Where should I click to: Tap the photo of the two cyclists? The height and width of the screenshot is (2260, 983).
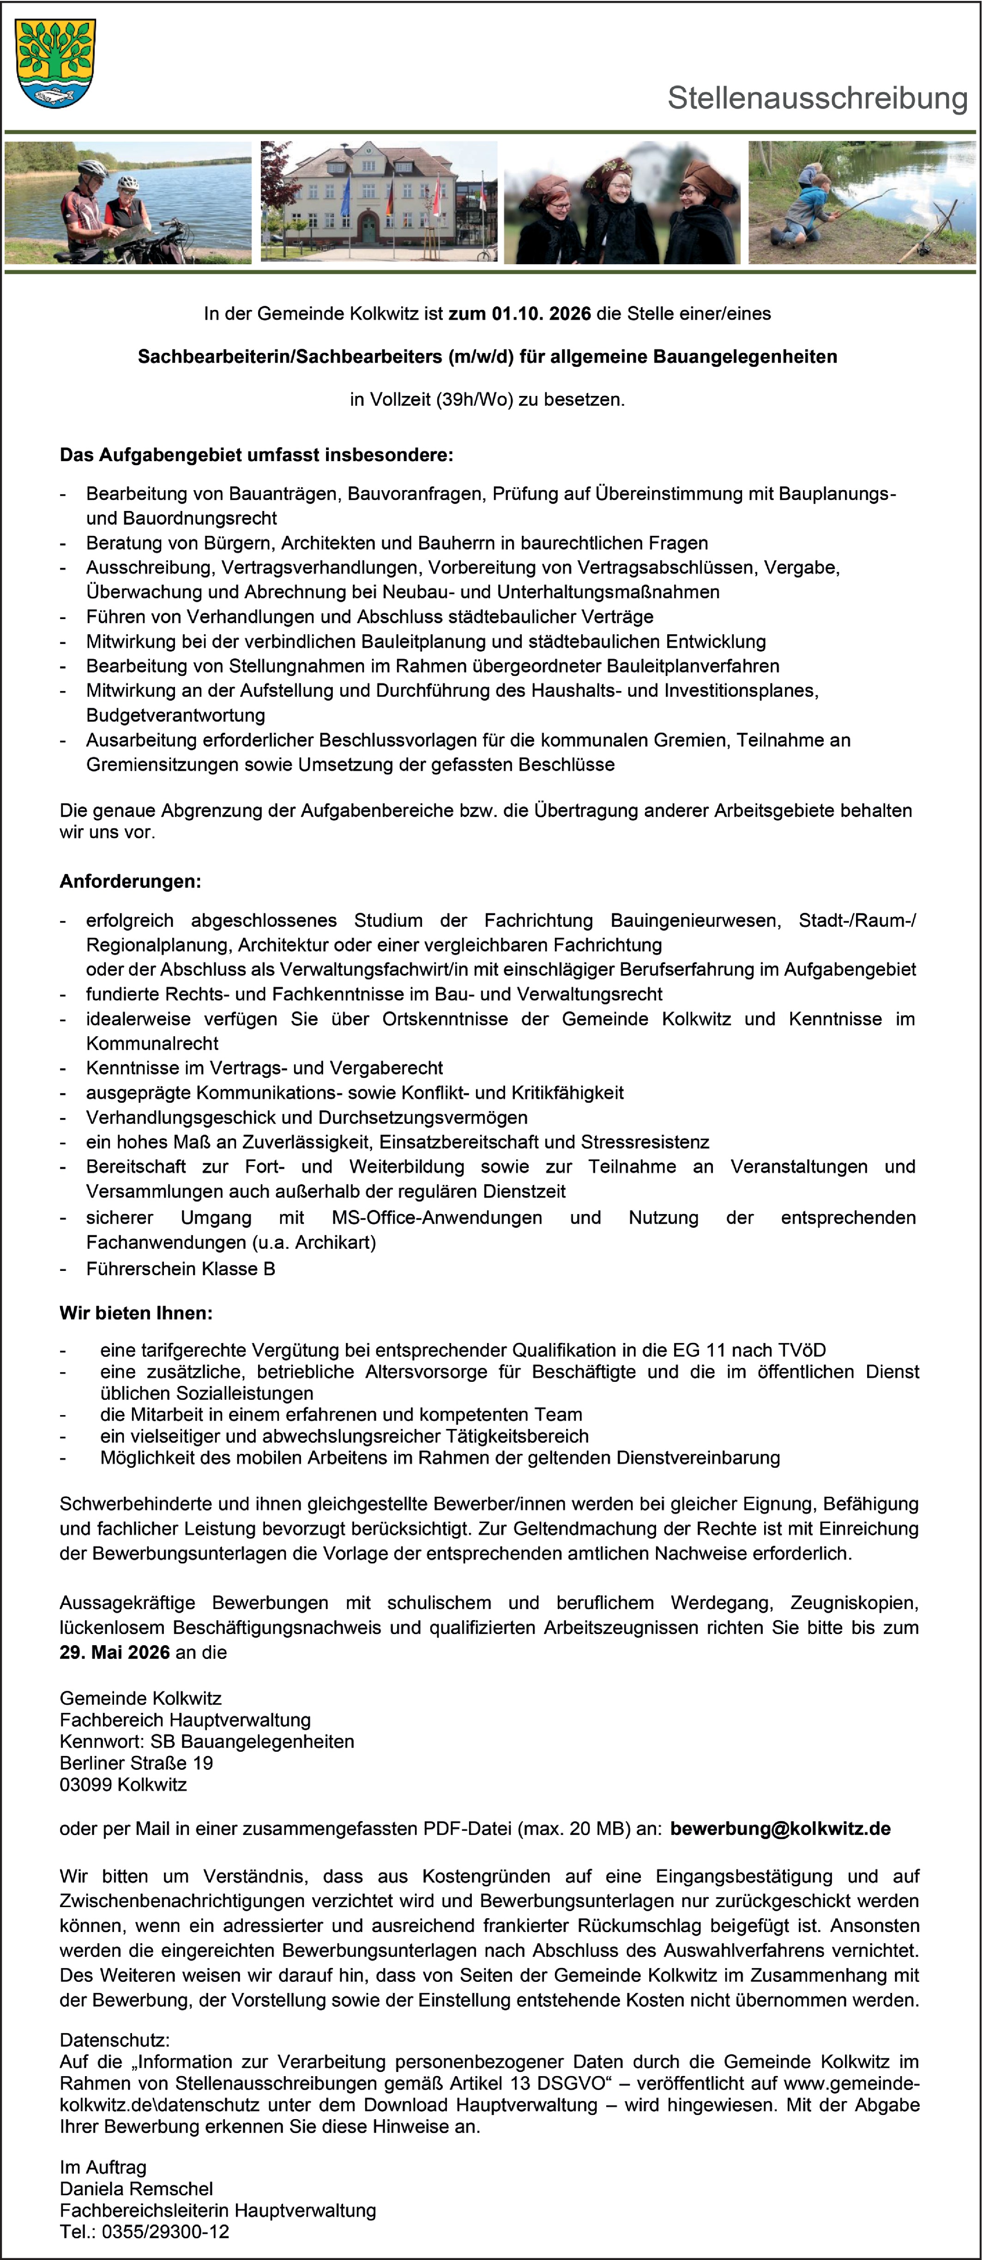click(128, 203)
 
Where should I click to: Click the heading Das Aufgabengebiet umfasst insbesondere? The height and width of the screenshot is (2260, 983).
click(256, 456)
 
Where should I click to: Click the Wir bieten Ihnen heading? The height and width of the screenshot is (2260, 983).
click(136, 1313)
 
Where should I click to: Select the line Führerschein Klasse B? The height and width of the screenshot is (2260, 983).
click(180, 1269)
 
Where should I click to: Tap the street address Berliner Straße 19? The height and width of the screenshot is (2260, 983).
click(136, 1762)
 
